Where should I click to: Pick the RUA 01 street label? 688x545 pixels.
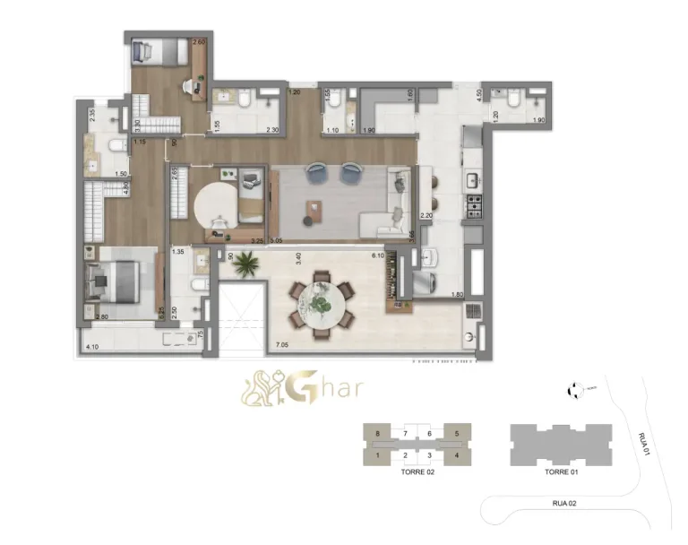coord(643,443)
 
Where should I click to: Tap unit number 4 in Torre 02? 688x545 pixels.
coord(458,455)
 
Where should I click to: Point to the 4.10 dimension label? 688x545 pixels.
coord(91,346)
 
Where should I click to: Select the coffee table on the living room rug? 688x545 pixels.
coord(313,211)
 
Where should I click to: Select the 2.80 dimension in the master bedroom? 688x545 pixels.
coord(102,317)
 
